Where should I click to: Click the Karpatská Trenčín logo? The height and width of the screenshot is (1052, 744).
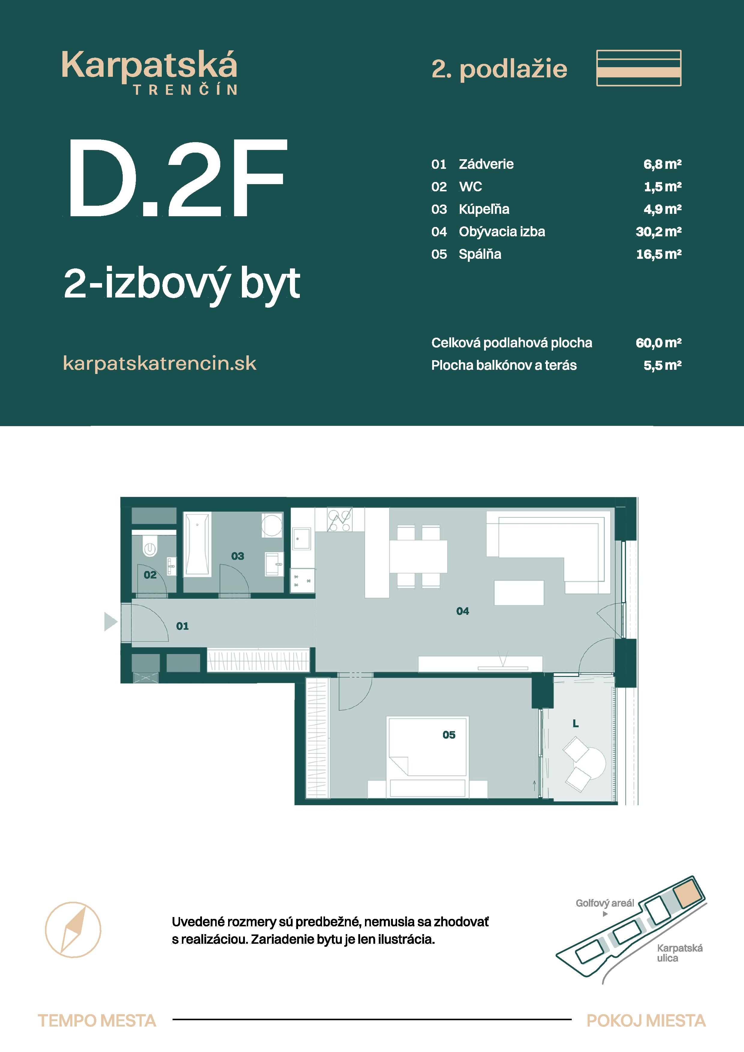click(149, 72)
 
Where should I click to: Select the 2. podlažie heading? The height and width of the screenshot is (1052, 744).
click(499, 69)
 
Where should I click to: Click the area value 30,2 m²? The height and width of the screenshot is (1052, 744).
click(658, 232)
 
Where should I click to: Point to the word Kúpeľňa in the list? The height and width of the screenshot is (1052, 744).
click(483, 209)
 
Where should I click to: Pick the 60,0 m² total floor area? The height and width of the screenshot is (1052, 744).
click(658, 343)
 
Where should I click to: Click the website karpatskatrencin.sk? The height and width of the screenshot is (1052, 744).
click(160, 363)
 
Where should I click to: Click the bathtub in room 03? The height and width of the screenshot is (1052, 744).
click(197, 544)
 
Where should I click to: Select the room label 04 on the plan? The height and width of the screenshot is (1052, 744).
click(462, 611)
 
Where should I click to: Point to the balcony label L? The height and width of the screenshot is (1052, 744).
click(576, 724)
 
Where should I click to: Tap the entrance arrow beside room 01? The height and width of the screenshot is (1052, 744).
click(110, 622)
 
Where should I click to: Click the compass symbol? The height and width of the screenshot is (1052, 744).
click(73, 930)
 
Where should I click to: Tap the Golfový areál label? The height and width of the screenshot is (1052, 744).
click(605, 903)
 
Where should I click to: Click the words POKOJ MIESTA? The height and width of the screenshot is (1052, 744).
click(646, 1021)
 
